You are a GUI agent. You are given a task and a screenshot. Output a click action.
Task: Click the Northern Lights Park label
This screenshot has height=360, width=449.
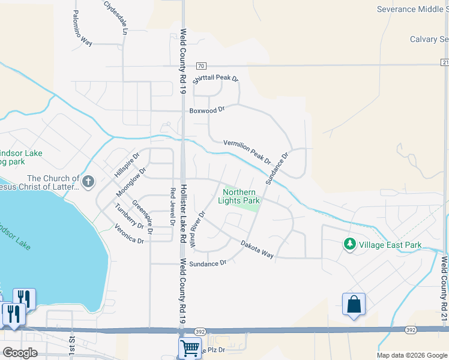tap(240, 196)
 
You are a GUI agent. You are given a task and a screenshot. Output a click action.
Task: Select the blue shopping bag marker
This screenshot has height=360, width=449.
tap(354, 304)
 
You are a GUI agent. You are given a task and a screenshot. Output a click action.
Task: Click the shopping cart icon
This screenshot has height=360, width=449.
tap(190, 347)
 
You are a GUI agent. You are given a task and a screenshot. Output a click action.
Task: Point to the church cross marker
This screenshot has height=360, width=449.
tap(88, 181)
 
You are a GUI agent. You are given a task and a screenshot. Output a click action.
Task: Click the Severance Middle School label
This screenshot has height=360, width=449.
tap(412, 9)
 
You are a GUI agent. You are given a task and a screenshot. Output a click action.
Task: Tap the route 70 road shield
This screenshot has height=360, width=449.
tap(201, 65)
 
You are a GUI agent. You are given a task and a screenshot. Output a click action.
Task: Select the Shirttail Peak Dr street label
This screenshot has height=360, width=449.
tap(215, 79)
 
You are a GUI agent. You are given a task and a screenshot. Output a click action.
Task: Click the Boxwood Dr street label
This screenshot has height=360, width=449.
tap(206, 110)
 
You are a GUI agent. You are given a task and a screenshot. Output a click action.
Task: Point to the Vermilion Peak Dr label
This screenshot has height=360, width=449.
tap(247, 152)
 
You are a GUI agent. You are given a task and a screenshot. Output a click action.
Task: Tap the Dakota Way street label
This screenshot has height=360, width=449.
tap(257, 250)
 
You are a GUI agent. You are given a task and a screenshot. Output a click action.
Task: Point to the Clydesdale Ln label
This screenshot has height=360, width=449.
tap(116, 16)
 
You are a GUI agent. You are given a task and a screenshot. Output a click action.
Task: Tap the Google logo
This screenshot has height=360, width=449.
tap(20, 353)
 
